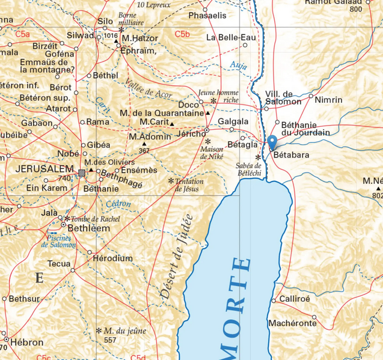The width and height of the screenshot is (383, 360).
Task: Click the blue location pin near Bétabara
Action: tap(272, 142)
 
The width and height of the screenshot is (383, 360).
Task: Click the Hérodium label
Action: tap(113, 258)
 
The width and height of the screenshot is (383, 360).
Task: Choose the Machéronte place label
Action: tap(292, 323)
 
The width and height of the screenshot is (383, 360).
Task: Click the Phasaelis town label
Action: tap(207, 14)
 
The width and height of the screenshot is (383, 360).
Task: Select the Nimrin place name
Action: tap(328, 99)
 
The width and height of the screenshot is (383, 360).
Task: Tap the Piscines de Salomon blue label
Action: tap(59, 241)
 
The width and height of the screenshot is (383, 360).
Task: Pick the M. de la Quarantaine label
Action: tap(162, 112)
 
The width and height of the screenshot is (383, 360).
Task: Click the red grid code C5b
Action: tap(182, 34)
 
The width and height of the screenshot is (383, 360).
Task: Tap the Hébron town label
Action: tap(26, 342)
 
